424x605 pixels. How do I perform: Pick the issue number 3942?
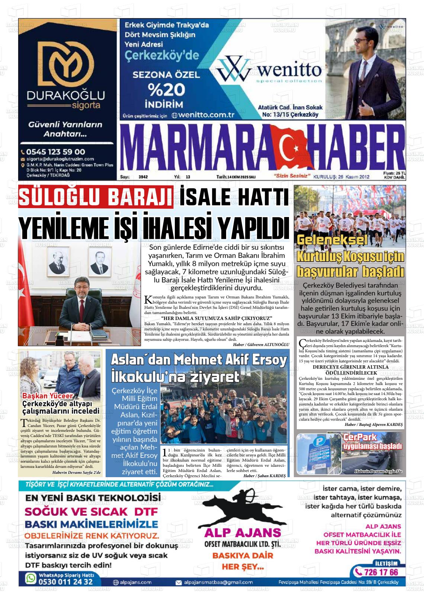tap(143, 177)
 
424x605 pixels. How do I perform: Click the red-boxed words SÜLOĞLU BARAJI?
tap(96, 196)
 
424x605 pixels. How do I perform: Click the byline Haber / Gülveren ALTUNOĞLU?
tap(261, 344)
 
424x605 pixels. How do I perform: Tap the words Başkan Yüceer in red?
tap(48, 396)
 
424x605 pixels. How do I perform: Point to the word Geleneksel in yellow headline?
tap(332, 240)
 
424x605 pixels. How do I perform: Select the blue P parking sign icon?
tap(318, 442)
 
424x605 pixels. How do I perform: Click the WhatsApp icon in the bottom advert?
tap(30, 578)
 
